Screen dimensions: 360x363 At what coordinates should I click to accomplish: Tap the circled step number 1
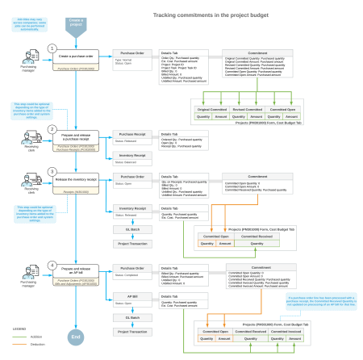pos(52,48)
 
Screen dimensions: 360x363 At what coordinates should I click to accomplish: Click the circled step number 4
pos(52,265)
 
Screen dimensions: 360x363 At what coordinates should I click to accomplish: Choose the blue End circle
pos(75,336)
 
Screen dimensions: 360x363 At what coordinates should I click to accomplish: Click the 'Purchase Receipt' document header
pos(132,134)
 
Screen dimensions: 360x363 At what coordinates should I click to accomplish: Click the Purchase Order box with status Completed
pos(132,270)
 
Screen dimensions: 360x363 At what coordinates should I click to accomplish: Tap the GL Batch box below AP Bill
pos(132,318)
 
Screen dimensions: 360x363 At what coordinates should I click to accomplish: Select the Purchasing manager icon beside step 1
pos(28,60)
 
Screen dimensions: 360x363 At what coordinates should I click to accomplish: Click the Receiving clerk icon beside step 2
pos(28,138)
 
